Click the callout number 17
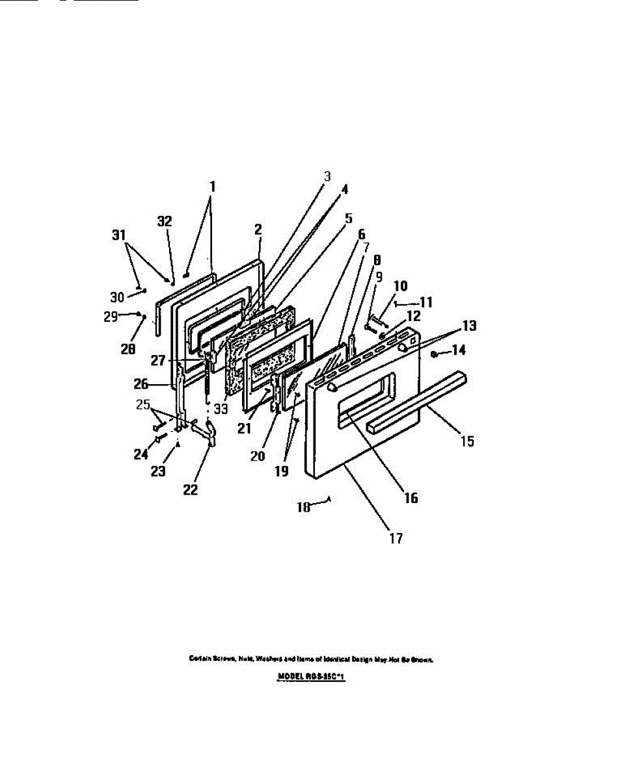coord(396,538)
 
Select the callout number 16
coord(411,499)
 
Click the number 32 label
coord(165,221)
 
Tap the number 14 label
coord(458,350)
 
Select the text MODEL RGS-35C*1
coord(311,677)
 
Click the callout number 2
coord(258,229)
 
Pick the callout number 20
coord(258,456)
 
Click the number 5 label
coord(349,218)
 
